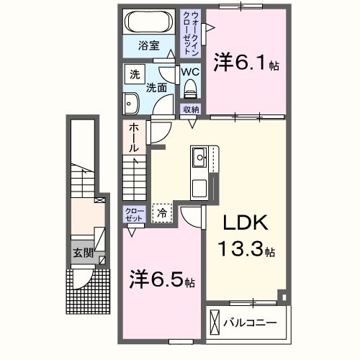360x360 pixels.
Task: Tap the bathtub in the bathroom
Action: click(x=149, y=22)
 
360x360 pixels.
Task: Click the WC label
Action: click(x=189, y=73)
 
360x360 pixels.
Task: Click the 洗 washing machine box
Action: click(x=134, y=74)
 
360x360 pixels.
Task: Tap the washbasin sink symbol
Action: click(x=131, y=102)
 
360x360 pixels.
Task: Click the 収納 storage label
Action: click(x=190, y=109)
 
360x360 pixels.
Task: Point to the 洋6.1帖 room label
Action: click(x=245, y=63)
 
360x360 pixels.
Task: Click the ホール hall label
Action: click(x=134, y=137)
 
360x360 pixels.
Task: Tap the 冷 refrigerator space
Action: click(x=162, y=212)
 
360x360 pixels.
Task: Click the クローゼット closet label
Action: click(x=134, y=214)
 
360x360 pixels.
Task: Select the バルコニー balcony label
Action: click(x=250, y=321)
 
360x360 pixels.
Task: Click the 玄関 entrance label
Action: click(x=81, y=253)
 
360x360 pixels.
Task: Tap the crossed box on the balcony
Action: click(x=215, y=322)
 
